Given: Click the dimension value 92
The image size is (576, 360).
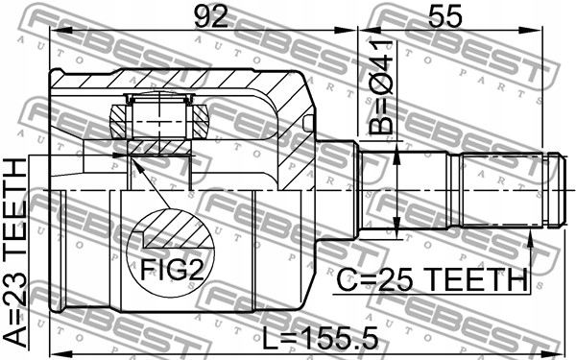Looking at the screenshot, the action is (211, 16).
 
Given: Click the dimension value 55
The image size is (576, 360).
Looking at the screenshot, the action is (444, 16).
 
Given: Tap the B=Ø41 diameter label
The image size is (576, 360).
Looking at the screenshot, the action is (381, 87).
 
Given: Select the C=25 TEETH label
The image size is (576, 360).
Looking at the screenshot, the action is (432, 279).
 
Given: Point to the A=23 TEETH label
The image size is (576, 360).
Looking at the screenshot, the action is (15, 253).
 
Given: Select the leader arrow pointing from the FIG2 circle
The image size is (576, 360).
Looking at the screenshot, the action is (151, 182).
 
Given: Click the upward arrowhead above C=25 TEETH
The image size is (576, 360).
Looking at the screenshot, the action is (530, 239).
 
